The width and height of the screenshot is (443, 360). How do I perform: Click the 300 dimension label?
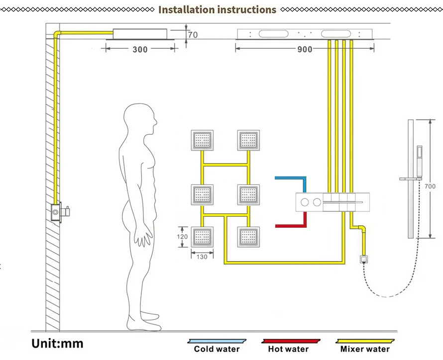click(140, 49)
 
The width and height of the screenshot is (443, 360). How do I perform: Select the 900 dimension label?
click(305, 49)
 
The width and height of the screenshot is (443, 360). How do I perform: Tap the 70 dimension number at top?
click(193, 35)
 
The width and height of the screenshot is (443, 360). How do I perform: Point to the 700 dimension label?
click(430, 186)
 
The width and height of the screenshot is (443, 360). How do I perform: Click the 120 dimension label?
click(183, 237)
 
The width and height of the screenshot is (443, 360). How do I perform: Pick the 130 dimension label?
click(202, 257)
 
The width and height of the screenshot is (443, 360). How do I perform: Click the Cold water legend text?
click(217, 349)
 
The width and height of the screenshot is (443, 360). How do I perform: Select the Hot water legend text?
click(288, 349)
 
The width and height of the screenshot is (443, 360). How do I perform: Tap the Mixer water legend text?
click(365, 349)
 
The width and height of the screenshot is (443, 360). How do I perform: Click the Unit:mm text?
click(57, 343)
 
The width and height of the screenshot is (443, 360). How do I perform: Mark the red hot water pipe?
click(291, 225)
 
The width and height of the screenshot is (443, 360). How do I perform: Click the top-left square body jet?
click(202, 140)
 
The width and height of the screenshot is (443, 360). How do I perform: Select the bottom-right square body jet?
click(248, 237)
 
